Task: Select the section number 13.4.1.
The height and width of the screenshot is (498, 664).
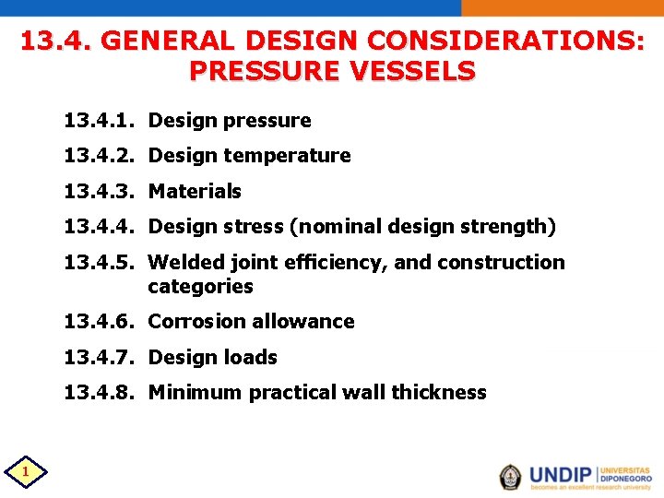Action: coord(100,121)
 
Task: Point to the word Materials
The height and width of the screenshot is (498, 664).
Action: coord(195,192)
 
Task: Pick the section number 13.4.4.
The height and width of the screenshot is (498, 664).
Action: coord(100,227)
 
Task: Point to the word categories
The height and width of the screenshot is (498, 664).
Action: coord(200,287)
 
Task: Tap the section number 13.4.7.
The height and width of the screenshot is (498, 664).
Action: coord(100,357)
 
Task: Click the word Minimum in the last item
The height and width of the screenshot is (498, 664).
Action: coord(192,393)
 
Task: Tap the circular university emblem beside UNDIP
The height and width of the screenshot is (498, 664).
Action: coord(510,476)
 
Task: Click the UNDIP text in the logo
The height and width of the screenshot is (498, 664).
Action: coord(562,475)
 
